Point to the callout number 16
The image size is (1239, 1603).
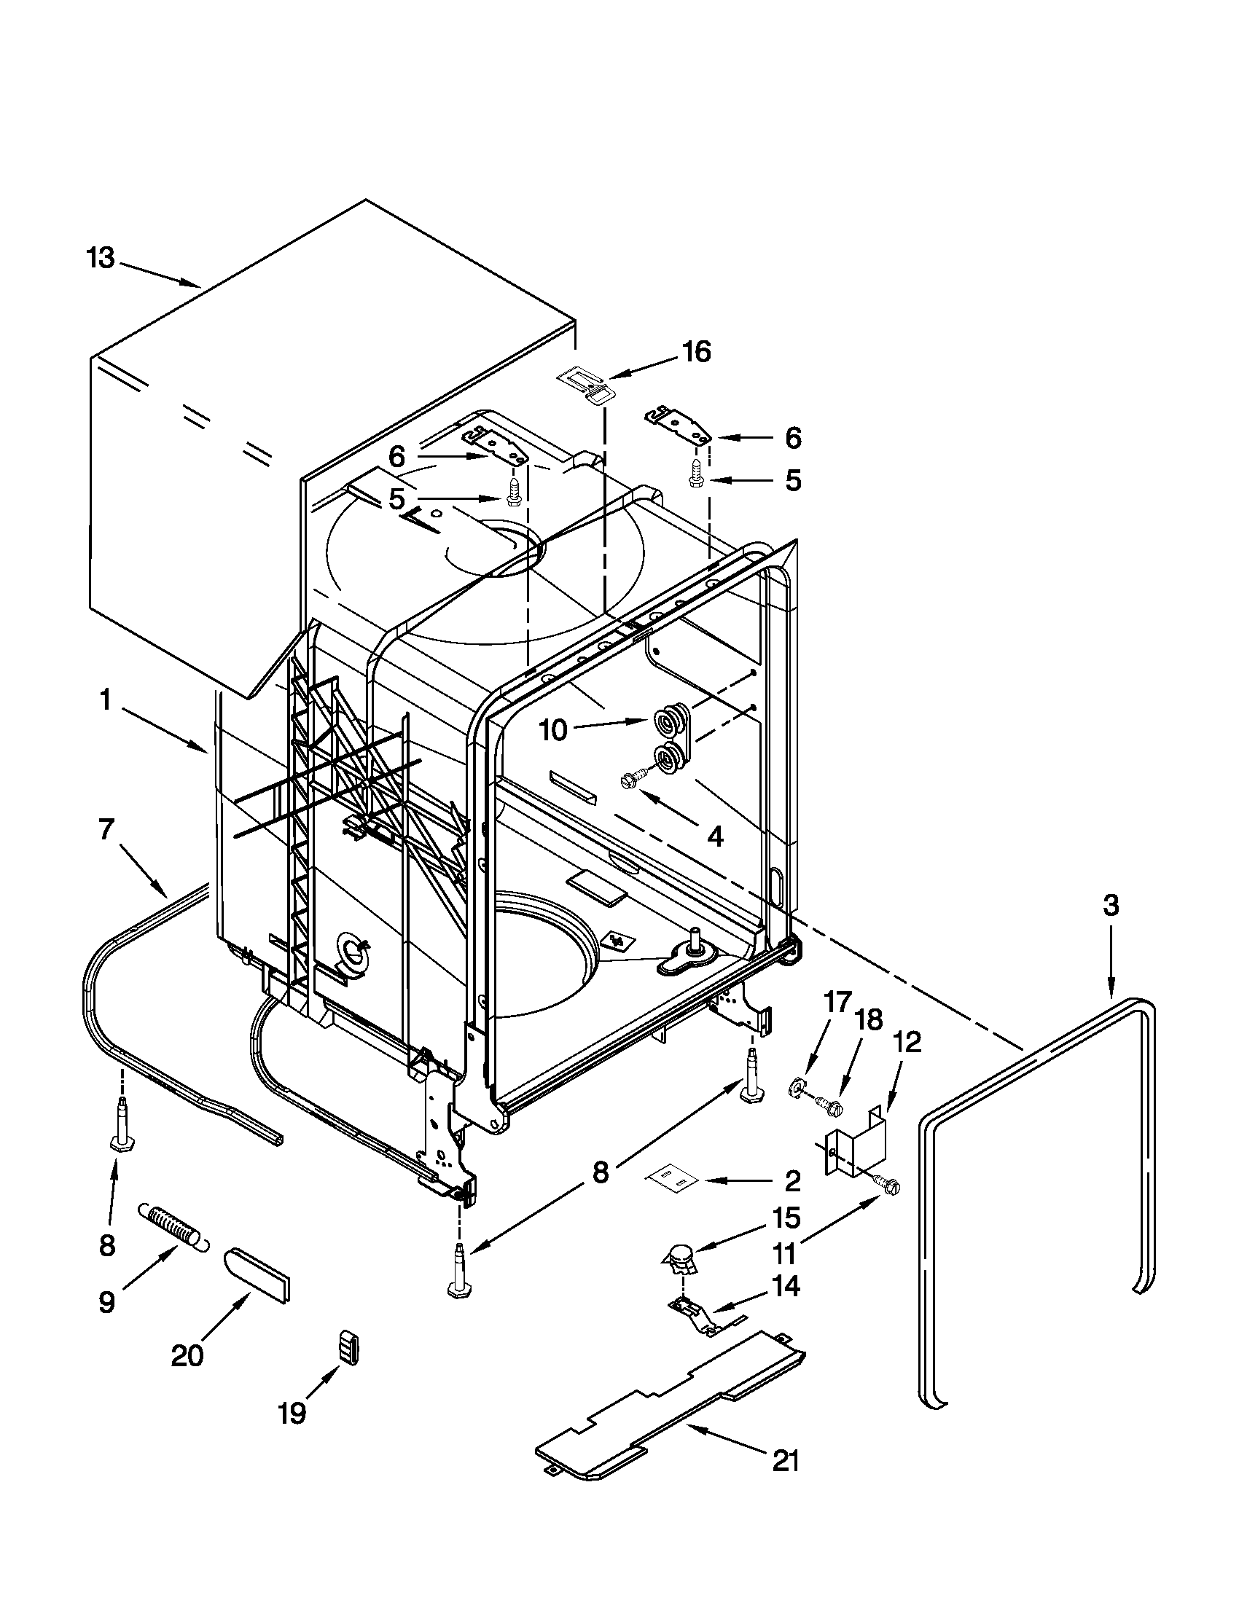(x=696, y=352)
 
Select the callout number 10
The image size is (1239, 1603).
(x=554, y=730)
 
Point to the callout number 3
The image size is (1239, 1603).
(x=1111, y=906)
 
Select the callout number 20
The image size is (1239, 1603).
(x=187, y=1356)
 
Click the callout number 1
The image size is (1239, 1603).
(x=106, y=701)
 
